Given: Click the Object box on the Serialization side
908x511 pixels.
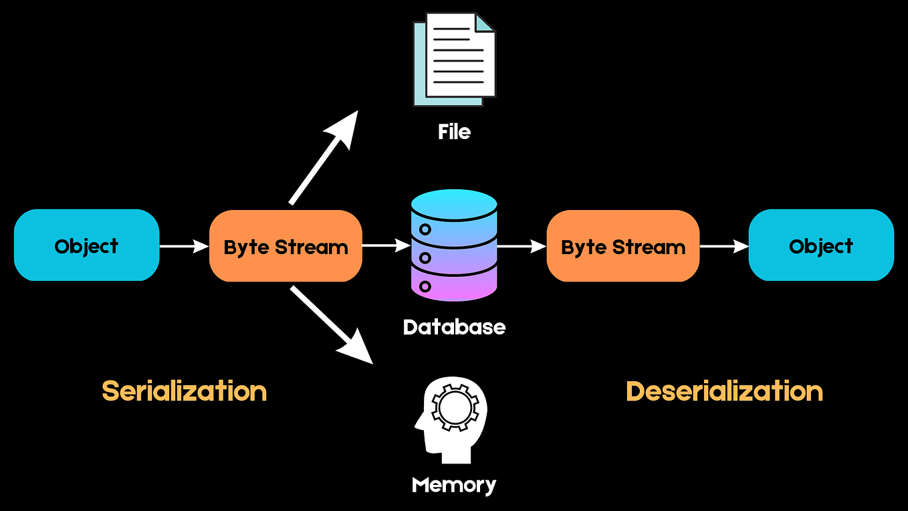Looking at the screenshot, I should (x=86, y=245).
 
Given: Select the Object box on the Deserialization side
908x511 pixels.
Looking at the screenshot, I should (x=820, y=245).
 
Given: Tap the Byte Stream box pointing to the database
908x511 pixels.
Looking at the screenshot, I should (x=286, y=246).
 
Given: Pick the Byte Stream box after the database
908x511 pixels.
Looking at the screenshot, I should (x=622, y=246).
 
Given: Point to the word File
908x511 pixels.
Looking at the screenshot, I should (x=454, y=132).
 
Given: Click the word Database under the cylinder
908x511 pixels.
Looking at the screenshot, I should (x=454, y=327).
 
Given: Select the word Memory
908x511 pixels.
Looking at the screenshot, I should (x=454, y=484).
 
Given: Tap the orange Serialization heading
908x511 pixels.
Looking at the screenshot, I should (x=184, y=391).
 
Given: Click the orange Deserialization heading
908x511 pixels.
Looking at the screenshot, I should (x=724, y=391).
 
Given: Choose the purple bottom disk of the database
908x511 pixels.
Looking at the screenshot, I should (x=454, y=284).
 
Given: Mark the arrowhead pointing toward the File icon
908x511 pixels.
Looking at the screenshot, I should (x=347, y=126).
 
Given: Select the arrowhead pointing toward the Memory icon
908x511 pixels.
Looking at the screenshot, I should (x=358, y=350).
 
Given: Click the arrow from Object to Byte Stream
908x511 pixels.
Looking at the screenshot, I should (x=185, y=246).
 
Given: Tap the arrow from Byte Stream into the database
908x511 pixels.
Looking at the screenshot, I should (x=386, y=246).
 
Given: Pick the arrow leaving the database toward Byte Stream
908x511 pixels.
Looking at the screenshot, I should (x=522, y=246).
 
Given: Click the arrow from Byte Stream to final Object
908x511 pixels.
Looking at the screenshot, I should (x=724, y=246).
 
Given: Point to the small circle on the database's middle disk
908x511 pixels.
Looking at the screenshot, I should (x=425, y=258).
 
